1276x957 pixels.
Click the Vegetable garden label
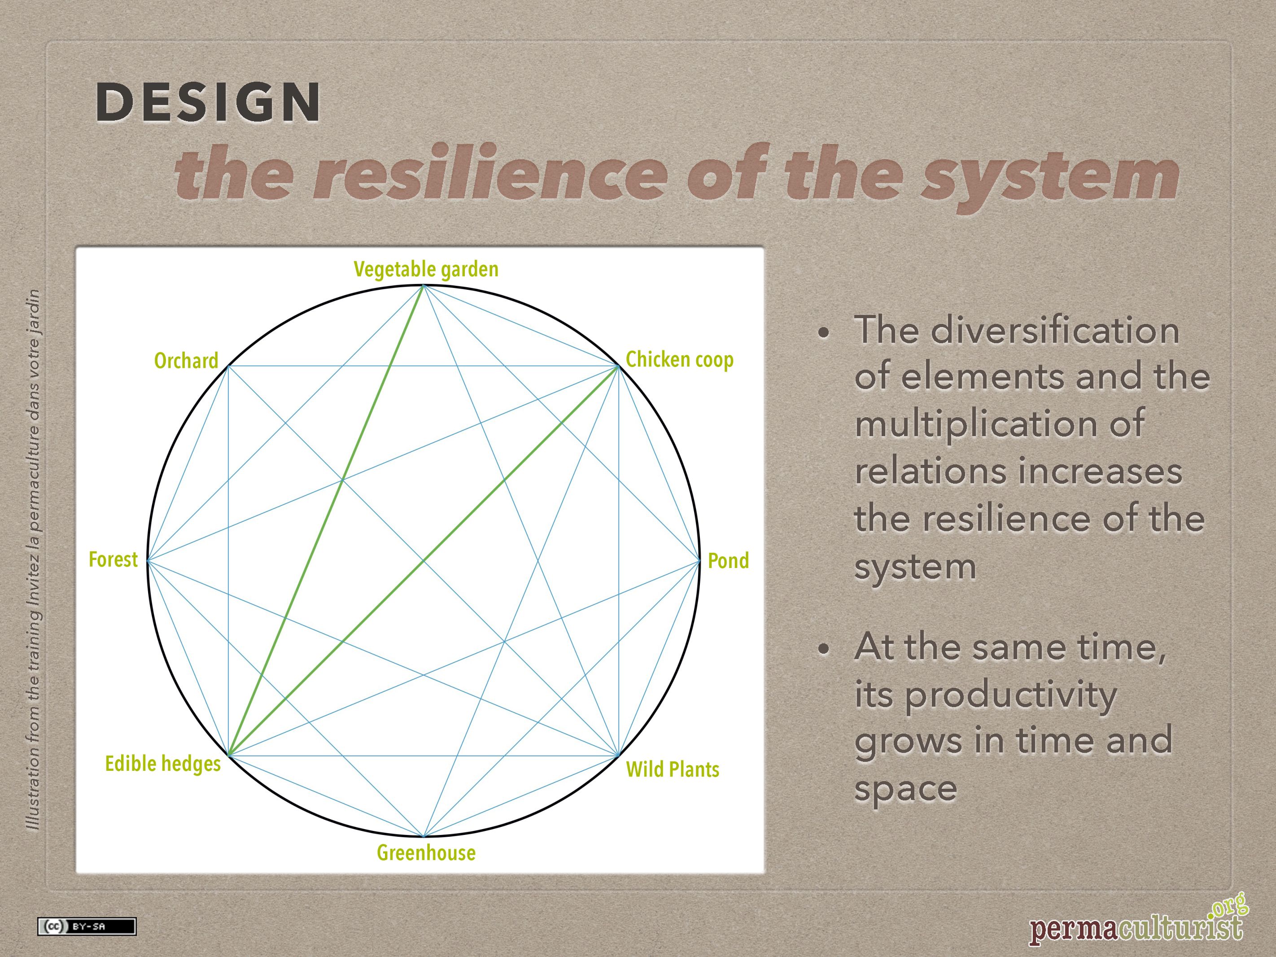click(x=426, y=269)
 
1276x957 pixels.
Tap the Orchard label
click(x=186, y=361)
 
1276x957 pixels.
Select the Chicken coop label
click(x=680, y=359)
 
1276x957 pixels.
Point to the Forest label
click(x=113, y=559)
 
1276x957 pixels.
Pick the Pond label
click(x=728, y=560)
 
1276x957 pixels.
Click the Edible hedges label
click(x=163, y=763)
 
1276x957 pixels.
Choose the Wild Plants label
click(x=673, y=769)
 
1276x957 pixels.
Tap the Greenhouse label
click(x=426, y=852)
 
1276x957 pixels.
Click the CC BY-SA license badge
click(x=87, y=926)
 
